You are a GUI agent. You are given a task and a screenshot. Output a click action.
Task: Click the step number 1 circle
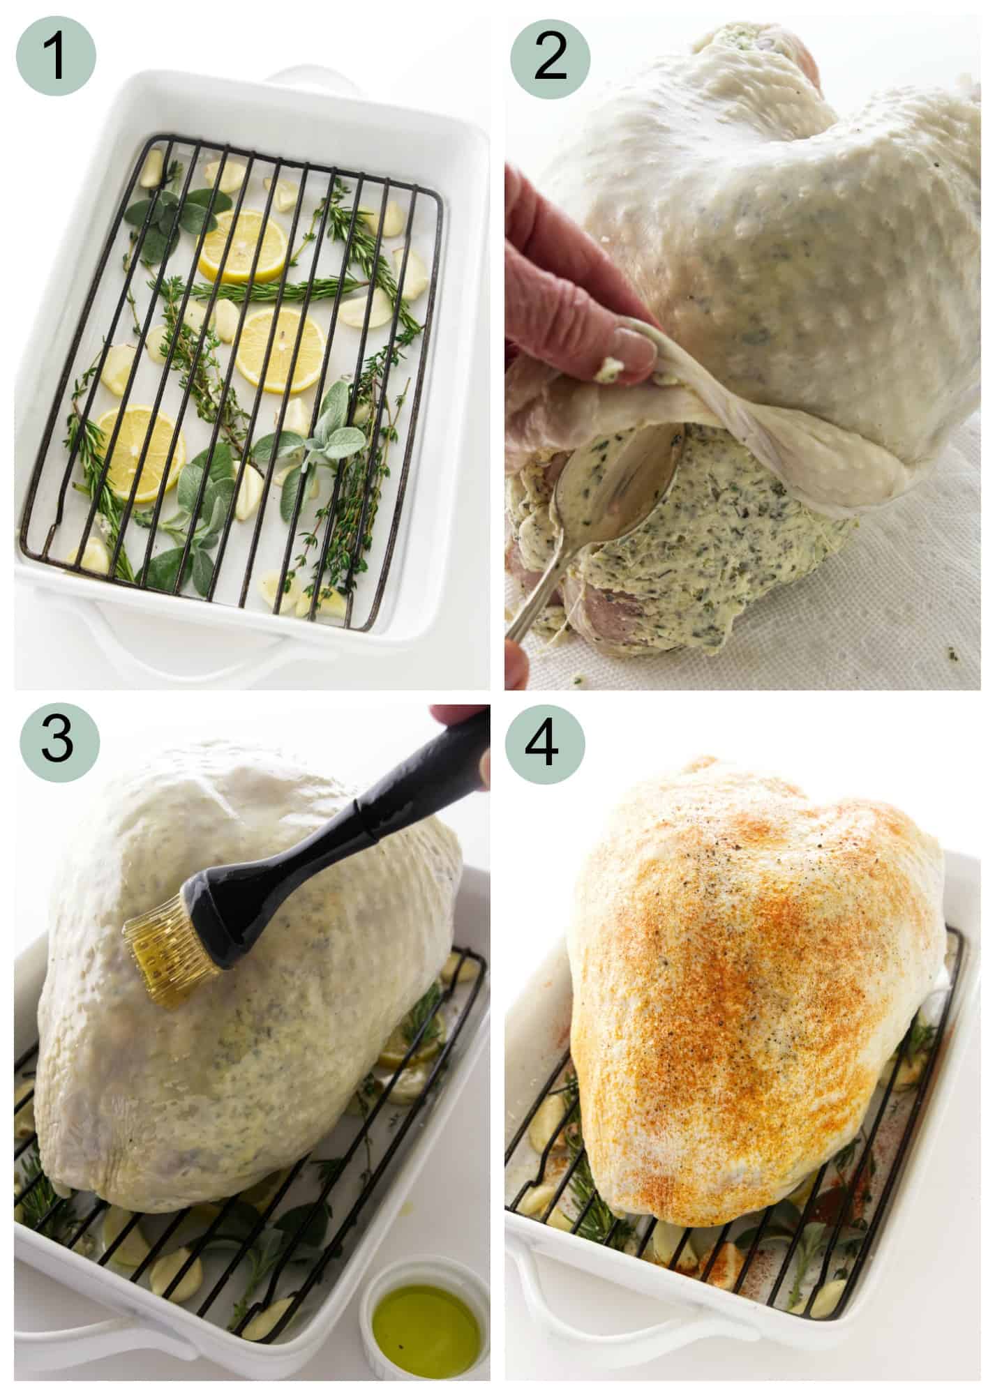coord(56,56)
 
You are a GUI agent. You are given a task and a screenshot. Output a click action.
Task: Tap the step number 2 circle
coord(550,56)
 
